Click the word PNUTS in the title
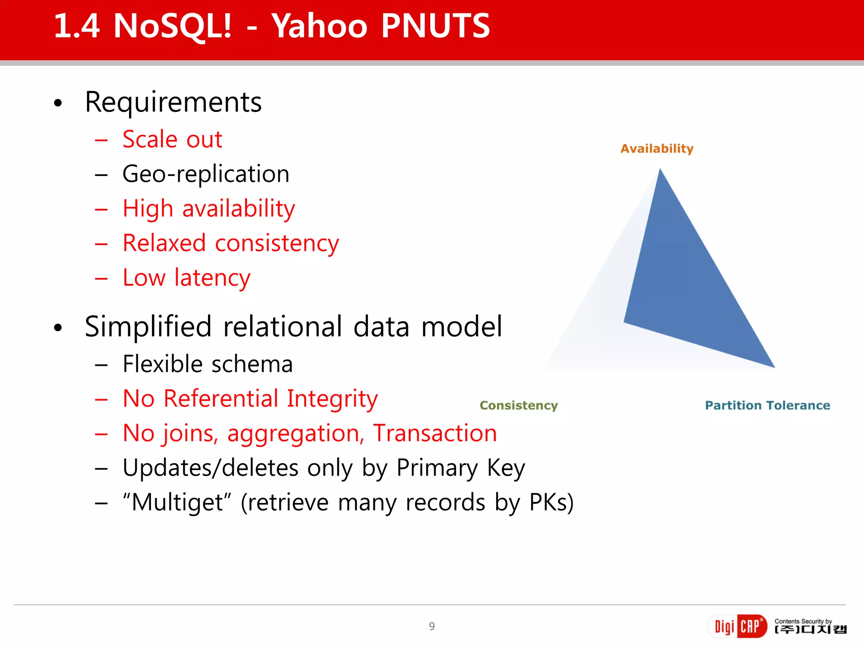click(x=435, y=26)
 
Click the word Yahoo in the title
click(x=319, y=26)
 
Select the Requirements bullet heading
click(x=173, y=102)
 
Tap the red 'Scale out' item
click(x=172, y=139)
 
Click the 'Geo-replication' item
click(x=206, y=174)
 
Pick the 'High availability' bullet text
click(x=209, y=208)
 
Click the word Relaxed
click(x=164, y=243)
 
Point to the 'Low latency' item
click(x=186, y=278)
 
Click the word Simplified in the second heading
click(x=148, y=327)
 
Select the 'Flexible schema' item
click(x=208, y=364)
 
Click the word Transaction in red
click(x=435, y=433)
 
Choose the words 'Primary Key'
click(x=461, y=468)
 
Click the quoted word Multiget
click(x=177, y=502)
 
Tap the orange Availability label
click(x=657, y=148)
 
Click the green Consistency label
click(x=518, y=405)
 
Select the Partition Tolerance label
click(x=767, y=405)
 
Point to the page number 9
click(x=432, y=626)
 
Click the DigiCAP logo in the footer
click(x=737, y=626)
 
